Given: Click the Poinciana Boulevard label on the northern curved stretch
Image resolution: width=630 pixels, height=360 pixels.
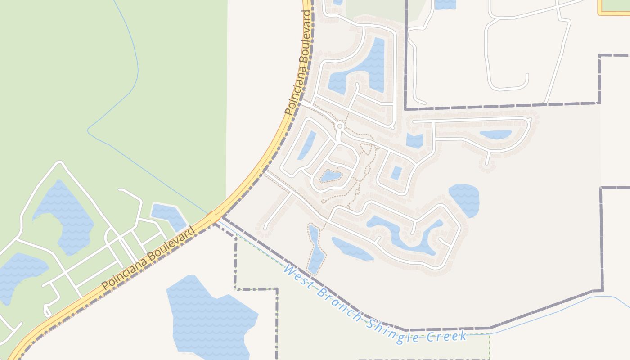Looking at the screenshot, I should pos(298,67).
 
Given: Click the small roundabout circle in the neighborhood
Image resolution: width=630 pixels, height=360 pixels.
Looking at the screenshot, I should pos(340,126).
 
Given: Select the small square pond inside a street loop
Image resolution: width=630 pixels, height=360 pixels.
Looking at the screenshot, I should pos(396,173).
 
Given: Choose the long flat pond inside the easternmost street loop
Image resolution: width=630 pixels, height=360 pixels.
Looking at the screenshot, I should pos(495,134).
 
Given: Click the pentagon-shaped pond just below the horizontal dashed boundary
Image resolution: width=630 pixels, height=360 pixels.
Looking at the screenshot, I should pos(414,141).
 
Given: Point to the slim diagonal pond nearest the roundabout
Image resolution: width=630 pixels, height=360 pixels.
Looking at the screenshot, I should pos(307,145).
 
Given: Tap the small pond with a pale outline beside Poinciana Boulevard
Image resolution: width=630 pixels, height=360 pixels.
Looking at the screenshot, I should pos(168,216).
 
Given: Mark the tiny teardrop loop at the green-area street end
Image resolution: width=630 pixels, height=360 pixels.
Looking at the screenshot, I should pos(47,311).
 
